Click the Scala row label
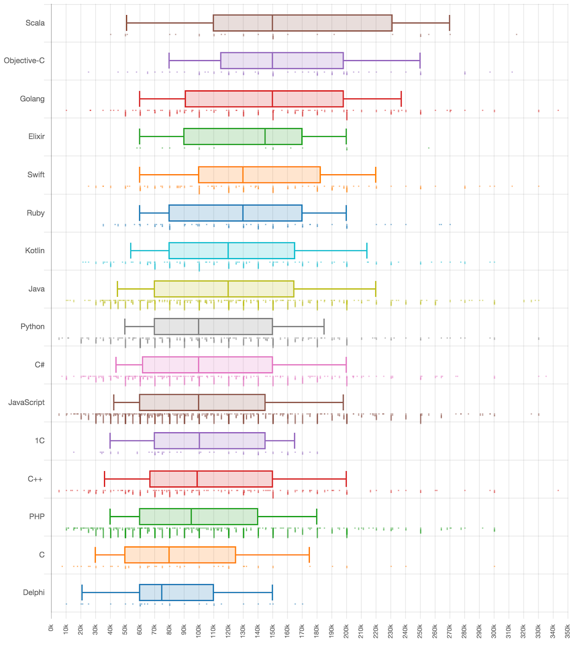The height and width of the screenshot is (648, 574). [x=35, y=23]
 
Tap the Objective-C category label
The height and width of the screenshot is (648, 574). [x=24, y=61]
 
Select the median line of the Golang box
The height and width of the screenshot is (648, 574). [x=272, y=99]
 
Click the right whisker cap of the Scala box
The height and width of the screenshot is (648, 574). [x=449, y=23]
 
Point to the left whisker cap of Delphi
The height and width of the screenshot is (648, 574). [x=82, y=593]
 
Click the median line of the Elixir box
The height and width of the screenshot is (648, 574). [x=265, y=136]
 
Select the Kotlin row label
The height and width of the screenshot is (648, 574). [x=35, y=251]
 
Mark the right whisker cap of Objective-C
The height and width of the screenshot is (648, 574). [x=420, y=61]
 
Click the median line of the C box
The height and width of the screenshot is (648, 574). [x=169, y=555]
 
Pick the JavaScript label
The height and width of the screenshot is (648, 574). [x=27, y=403]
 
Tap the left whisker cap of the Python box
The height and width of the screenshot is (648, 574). [x=125, y=326]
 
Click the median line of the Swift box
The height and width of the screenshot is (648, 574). [x=243, y=175]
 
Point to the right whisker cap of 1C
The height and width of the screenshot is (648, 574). [x=294, y=441]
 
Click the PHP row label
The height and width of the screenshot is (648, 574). [x=37, y=517]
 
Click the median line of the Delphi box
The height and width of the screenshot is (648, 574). [x=162, y=593]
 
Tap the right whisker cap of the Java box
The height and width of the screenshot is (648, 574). [x=376, y=289]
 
